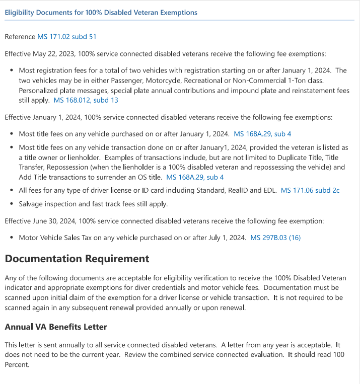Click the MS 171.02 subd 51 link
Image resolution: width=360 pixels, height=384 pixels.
click(x=67, y=37)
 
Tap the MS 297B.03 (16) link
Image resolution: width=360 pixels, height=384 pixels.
click(x=275, y=237)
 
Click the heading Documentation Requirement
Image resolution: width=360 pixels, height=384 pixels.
click(x=77, y=259)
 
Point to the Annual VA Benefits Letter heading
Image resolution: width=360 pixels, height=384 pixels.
click(x=56, y=327)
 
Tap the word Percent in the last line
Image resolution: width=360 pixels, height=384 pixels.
click(x=17, y=365)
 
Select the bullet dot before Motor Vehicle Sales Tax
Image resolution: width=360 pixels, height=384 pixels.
click(x=12, y=237)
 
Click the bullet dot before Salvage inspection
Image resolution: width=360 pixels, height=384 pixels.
click(x=12, y=204)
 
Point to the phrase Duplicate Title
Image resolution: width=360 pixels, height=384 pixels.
click(x=281, y=158)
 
